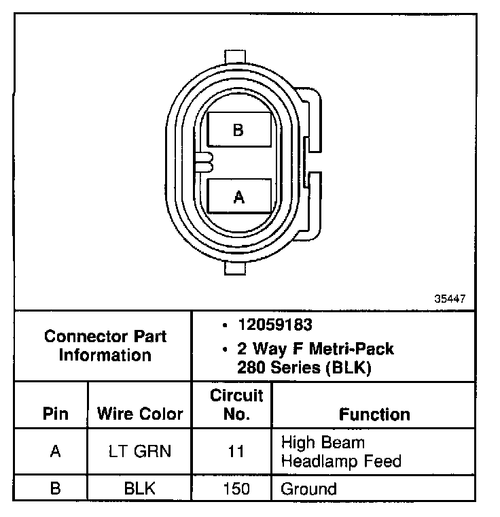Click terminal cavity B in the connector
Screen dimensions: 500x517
(x=238, y=129)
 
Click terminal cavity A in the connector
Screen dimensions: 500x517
(x=238, y=197)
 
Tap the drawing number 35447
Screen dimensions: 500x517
(x=450, y=299)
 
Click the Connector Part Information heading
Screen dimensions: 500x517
(x=105, y=346)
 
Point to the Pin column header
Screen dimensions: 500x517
(x=55, y=414)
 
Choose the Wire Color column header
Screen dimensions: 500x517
(x=140, y=414)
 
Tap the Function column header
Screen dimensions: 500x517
(x=374, y=414)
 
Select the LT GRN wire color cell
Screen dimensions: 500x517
(x=140, y=452)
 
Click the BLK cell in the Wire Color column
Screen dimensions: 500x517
(x=140, y=489)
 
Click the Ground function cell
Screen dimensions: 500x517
(x=308, y=489)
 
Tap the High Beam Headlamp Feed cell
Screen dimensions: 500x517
(x=341, y=452)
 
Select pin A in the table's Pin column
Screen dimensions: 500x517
(x=55, y=452)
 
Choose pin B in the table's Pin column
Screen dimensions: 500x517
(x=55, y=489)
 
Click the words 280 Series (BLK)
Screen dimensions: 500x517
(x=304, y=368)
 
